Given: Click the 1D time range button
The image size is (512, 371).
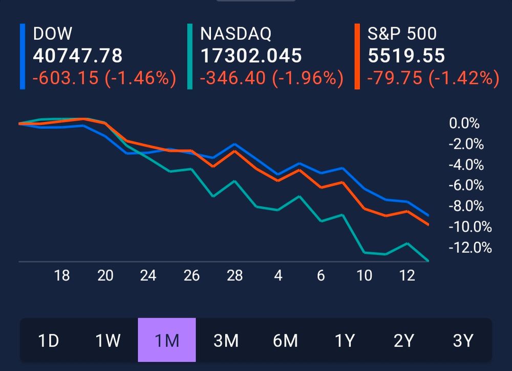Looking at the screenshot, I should (49, 340).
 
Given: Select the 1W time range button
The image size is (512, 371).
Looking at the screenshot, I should (108, 340).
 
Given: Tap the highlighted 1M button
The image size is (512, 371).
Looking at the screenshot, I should (166, 340).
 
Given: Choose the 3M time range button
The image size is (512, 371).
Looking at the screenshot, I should (226, 340).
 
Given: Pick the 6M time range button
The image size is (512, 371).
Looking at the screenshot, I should (285, 340).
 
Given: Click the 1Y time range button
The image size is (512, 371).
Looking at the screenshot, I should (345, 340).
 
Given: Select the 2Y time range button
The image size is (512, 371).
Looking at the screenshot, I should (403, 340).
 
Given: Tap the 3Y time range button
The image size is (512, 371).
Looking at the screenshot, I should (463, 340).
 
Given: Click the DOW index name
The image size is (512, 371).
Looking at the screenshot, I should (53, 34).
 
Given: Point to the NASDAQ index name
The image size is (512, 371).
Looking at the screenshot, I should (236, 34).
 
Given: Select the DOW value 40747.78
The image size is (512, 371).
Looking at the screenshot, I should (78, 56).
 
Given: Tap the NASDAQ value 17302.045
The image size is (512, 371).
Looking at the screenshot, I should (251, 56).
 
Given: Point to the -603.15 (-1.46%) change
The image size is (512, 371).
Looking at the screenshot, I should (104, 78).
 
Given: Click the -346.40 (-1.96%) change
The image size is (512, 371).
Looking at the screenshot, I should (271, 78).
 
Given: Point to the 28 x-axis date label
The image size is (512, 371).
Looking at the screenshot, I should (234, 276).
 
